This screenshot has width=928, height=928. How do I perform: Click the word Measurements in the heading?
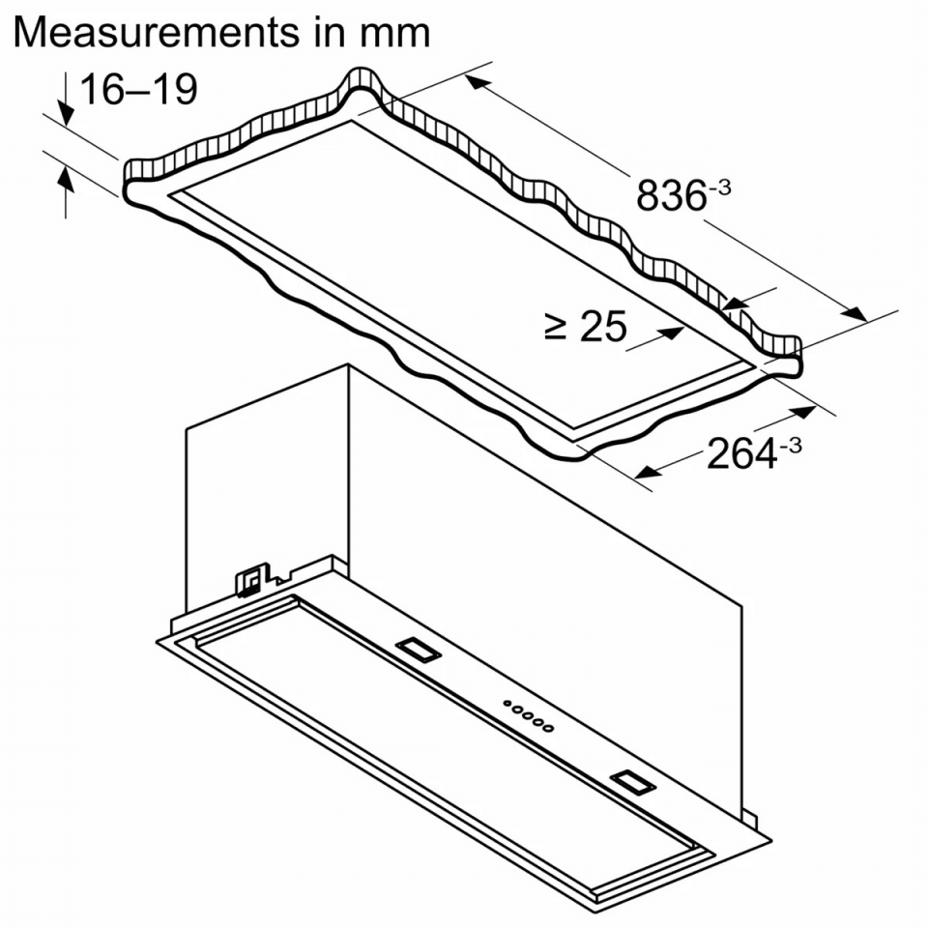tap(157, 33)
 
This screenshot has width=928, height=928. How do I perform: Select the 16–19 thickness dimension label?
tap(138, 90)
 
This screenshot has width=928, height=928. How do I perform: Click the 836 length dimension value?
tap(671, 195)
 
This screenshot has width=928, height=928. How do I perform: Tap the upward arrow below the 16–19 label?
tap(66, 192)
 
